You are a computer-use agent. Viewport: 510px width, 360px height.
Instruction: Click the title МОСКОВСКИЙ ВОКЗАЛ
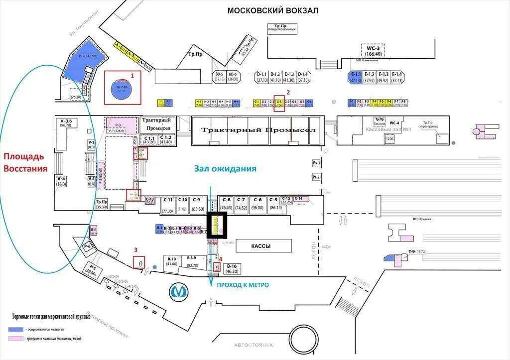272,10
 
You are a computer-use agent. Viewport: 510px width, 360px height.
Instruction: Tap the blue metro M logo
178,291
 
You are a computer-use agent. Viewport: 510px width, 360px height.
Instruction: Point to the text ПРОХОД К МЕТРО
242,285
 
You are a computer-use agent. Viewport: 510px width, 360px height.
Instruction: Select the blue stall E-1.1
355,77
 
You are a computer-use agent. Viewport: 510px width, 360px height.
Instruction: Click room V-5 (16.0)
61,181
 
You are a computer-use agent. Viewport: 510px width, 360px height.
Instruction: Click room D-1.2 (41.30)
275,77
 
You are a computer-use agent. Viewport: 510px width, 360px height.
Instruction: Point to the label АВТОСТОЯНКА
254,345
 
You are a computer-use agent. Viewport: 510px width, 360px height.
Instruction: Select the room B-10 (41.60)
172,261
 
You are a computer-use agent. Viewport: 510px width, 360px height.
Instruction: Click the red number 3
135,250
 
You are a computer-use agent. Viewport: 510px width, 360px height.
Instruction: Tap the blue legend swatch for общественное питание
15,329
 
